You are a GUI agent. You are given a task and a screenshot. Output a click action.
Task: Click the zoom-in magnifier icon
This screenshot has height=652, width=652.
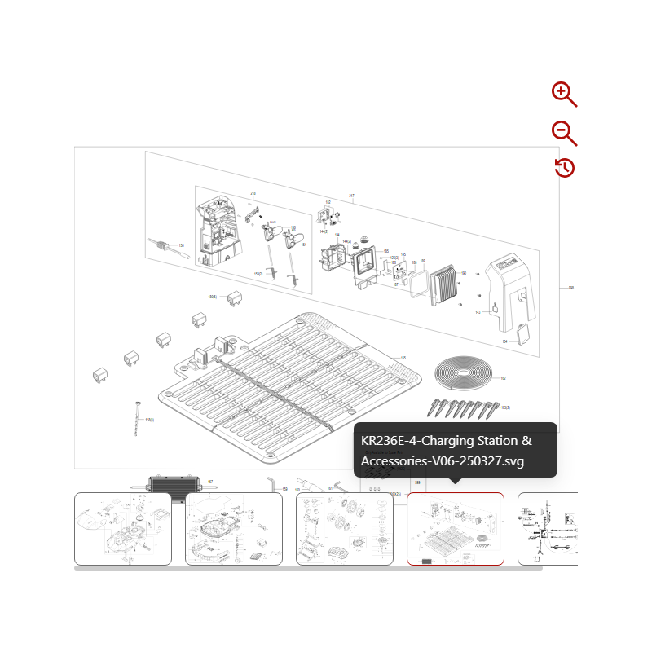pyautogui.click(x=563, y=94)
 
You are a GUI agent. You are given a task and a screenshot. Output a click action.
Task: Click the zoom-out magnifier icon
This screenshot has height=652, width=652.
pyautogui.click(x=563, y=132)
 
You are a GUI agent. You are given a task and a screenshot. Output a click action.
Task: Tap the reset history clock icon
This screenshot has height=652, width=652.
pyautogui.click(x=564, y=168)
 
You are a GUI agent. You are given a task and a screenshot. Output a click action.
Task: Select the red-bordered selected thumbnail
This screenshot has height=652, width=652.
pyautogui.click(x=455, y=528)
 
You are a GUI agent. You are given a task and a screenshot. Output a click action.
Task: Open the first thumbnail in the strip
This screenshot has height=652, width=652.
pyautogui.click(x=123, y=528)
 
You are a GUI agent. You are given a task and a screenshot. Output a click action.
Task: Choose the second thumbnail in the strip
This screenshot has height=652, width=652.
pyautogui.click(x=234, y=528)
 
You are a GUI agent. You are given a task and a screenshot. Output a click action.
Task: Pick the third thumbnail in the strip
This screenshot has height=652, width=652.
pyautogui.click(x=344, y=528)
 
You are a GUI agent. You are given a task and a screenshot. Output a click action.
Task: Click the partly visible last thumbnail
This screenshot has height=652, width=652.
pyautogui.click(x=548, y=528)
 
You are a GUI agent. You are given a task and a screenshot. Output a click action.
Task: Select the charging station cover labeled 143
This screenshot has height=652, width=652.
pyautogui.click(x=510, y=285)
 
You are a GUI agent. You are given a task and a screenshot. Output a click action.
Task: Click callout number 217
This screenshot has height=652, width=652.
pyautogui.click(x=352, y=196)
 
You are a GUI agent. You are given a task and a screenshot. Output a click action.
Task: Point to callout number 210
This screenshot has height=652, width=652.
pyautogui.click(x=253, y=194)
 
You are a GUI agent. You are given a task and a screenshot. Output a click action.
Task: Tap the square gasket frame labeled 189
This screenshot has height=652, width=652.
pyautogui.click(x=416, y=281)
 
